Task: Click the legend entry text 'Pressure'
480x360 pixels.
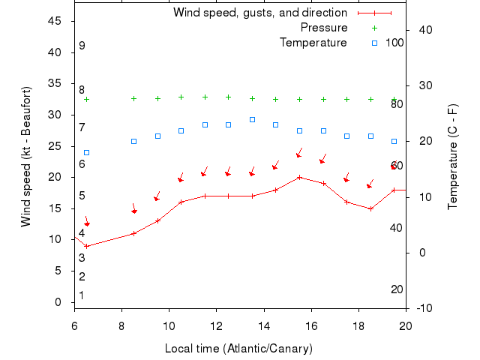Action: point(324,28)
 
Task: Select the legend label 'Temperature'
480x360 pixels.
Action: point(313,43)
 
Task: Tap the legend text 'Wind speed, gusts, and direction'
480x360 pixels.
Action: point(260,13)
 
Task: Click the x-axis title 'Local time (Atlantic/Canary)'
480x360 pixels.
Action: point(238,349)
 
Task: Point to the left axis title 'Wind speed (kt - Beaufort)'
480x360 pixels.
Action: point(26,156)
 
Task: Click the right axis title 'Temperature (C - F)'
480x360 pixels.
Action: point(452,156)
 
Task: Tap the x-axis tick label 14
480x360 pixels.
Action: point(264,325)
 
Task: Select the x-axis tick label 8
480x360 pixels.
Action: point(121,325)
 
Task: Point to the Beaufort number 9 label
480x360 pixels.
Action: point(82,46)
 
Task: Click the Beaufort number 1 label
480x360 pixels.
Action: point(82,295)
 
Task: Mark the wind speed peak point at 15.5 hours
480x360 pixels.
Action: point(299,178)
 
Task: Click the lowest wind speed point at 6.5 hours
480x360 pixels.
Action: point(86,246)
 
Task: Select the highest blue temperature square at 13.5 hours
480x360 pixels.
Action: point(252,119)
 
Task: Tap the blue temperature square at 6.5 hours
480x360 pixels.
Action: point(86,152)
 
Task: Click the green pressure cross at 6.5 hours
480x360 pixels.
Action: point(86,99)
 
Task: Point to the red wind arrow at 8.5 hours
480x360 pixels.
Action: point(133,209)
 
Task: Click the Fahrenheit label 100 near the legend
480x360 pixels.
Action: point(394,43)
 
